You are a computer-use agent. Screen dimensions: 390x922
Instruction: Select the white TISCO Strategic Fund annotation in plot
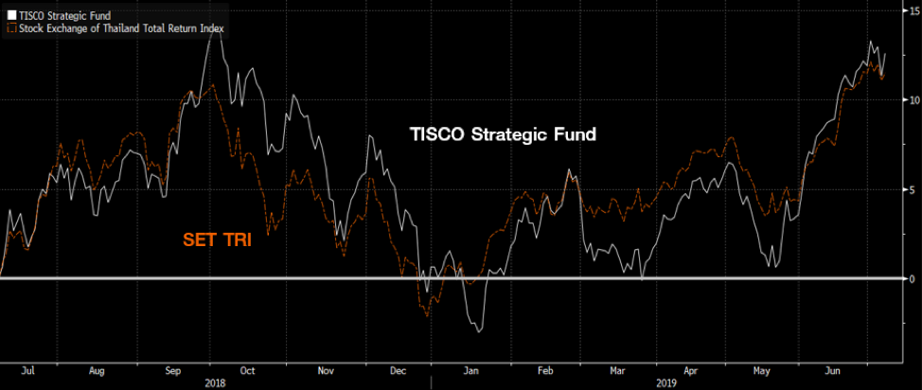(x=502, y=135)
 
